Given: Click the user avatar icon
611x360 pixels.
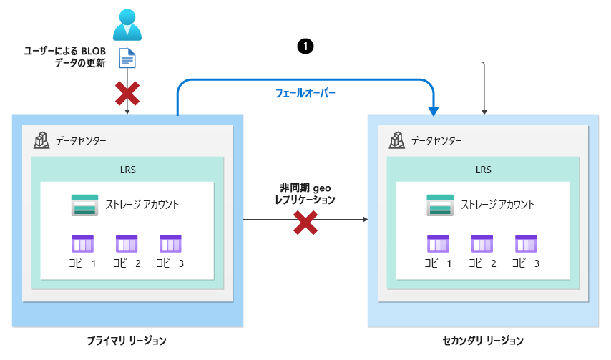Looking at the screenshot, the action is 127,25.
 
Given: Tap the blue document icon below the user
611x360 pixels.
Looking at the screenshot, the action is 127,58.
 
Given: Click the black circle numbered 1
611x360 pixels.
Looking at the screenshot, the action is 305,46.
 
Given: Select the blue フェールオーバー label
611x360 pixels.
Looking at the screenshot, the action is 305,93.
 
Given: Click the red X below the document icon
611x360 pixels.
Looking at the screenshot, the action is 127,94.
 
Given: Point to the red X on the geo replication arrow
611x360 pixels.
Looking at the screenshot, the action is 305,223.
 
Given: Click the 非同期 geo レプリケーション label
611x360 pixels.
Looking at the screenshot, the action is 305,194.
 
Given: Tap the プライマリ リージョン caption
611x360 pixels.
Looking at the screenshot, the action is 127,341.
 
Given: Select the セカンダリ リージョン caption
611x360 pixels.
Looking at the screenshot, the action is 483,341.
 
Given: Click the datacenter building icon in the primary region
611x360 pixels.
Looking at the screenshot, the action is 41,140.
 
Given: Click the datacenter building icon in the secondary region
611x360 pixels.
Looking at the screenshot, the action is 396,140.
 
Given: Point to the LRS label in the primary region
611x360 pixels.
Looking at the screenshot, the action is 128,170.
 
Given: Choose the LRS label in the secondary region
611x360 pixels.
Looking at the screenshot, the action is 483,170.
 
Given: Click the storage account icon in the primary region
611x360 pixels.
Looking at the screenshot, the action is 84,205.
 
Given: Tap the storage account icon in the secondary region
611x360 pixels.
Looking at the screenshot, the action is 440,205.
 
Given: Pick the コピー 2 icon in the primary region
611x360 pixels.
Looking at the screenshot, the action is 127,244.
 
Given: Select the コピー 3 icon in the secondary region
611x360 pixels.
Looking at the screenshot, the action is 526,244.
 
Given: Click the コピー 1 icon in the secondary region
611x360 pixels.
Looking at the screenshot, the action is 438,244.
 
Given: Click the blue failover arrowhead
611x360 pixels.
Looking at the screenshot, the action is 434,112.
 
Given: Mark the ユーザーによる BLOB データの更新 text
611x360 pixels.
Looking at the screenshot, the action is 64,57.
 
